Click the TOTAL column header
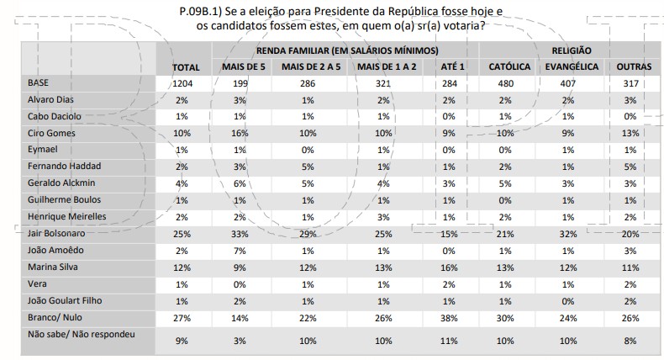tap(185, 66)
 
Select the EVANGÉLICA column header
tap(571, 66)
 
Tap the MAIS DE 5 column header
tap(244, 66)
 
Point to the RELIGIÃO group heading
tap(571, 50)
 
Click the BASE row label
tap(39, 83)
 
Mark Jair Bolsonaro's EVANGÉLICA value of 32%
tap(571, 232)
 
